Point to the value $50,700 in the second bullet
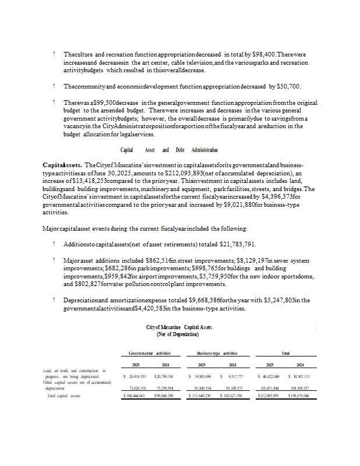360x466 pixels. (288, 87)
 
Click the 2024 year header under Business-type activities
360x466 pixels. (232, 365)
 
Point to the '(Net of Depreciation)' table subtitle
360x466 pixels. (177, 334)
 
